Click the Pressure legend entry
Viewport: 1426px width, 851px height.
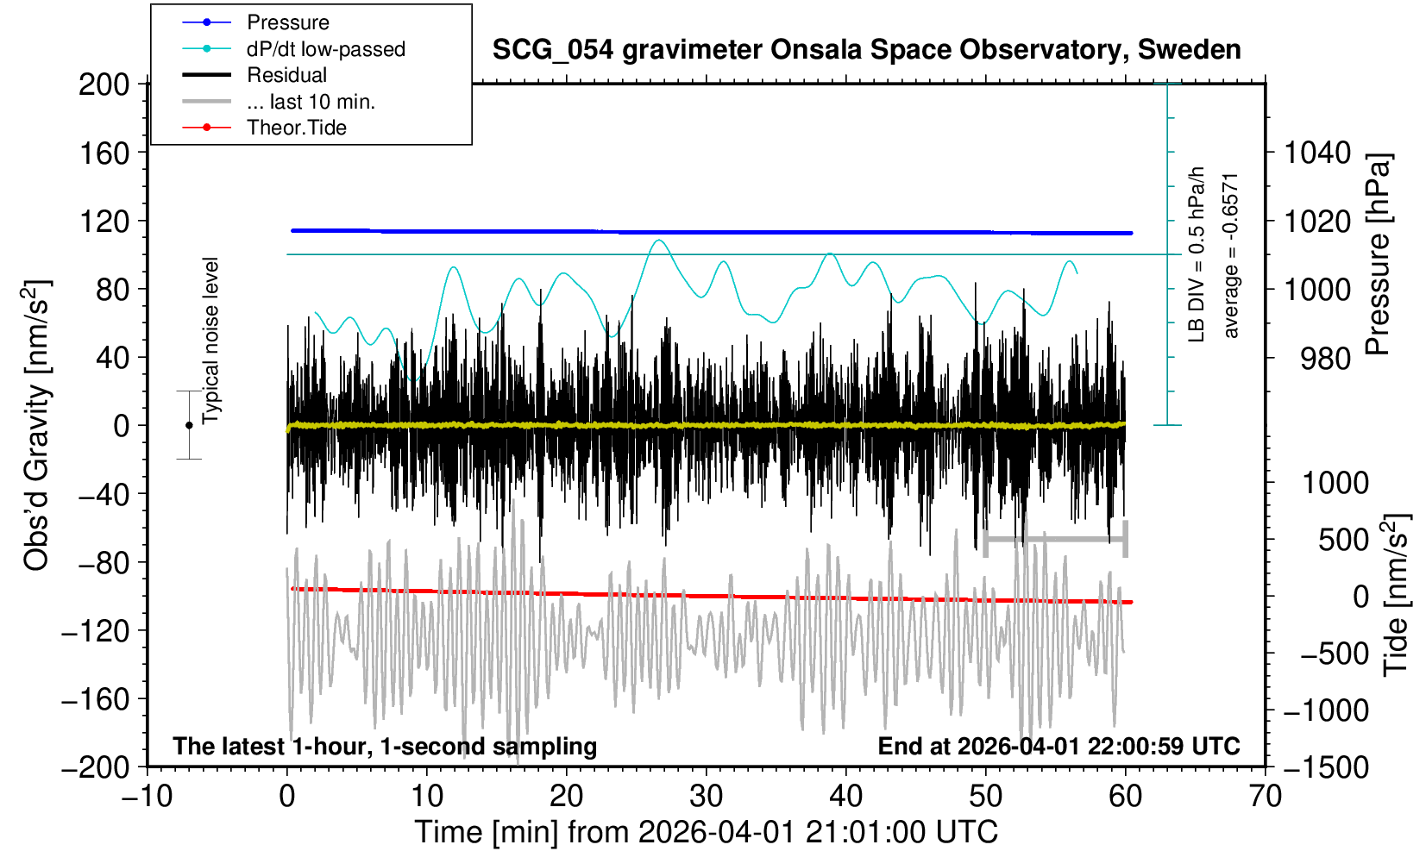(x=256, y=22)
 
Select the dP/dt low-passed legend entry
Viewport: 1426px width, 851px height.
(x=294, y=49)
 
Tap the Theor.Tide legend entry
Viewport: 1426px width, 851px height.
(x=265, y=128)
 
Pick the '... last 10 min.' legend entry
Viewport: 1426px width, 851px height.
(x=279, y=101)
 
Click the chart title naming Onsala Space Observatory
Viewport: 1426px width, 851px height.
(x=866, y=50)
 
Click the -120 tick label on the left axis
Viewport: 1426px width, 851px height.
(x=96, y=631)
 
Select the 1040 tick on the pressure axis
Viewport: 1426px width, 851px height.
(x=1317, y=153)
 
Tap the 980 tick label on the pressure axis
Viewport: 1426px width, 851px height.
(x=1325, y=359)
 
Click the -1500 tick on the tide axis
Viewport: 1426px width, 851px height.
(x=1325, y=767)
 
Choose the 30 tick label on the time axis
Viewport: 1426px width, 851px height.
(x=706, y=797)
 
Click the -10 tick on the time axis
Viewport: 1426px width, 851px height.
(x=147, y=797)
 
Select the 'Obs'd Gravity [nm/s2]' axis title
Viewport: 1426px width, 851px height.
(x=36, y=425)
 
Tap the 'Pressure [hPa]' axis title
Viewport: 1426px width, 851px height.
(x=1379, y=254)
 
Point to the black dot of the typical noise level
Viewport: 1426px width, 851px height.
(x=189, y=425)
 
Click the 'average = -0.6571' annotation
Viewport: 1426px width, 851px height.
(x=1231, y=254)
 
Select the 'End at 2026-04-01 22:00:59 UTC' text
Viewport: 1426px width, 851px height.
(x=1059, y=746)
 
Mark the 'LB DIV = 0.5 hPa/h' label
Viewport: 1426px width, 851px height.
(x=1197, y=254)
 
